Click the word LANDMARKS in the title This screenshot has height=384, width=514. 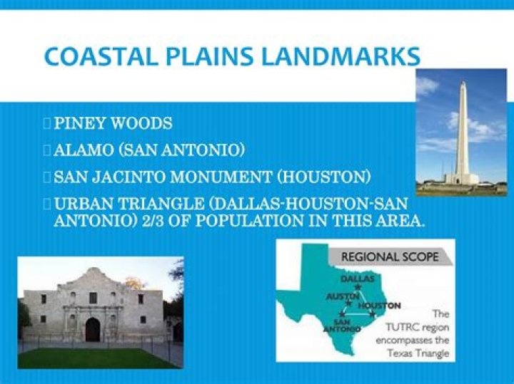tap(342, 56)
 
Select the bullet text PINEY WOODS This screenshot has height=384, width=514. tap(113, 123)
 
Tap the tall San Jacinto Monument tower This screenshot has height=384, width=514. tap(462, 132)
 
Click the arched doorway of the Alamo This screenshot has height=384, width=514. tap(93, 329)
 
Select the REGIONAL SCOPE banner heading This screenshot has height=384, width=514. tap(390, 257)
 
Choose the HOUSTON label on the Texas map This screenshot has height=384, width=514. tap(380, 306)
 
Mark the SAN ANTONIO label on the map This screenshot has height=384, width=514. tap(338, 326)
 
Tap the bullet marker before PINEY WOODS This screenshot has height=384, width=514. tap(47, 123)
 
